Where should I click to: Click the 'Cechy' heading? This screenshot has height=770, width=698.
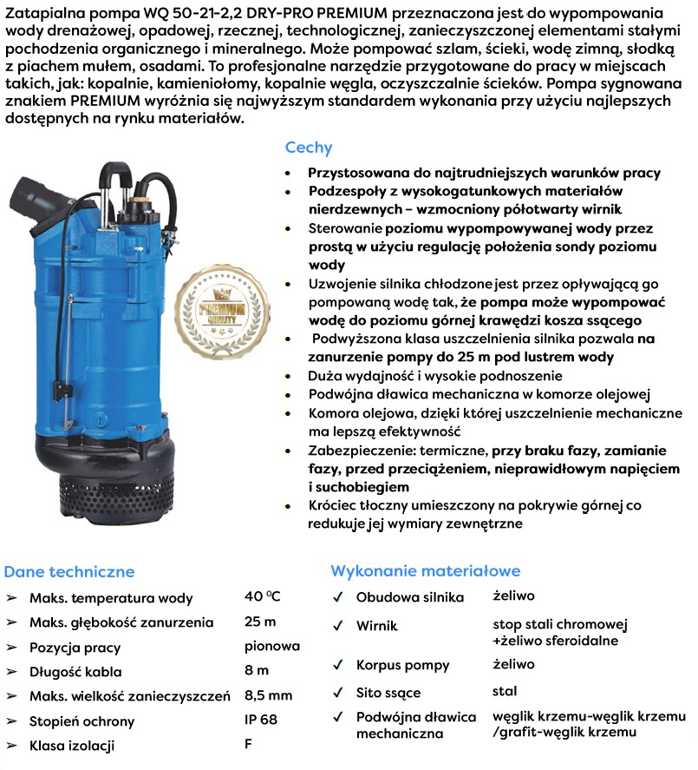(308, 148)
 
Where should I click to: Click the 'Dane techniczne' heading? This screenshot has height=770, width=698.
(69, 571)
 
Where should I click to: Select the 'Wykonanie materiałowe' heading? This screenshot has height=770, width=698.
(425, 570)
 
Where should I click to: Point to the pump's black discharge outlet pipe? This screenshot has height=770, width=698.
(43, 200)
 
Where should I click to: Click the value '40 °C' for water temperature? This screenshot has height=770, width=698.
(263, 596)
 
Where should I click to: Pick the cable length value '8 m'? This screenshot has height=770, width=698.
(257, 671)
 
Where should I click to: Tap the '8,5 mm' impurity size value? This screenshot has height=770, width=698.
(269, 695)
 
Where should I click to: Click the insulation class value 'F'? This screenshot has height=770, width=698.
(249, 745)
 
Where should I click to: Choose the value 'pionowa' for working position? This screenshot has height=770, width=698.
(272, 646)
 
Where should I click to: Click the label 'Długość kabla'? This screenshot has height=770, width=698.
(75, 672)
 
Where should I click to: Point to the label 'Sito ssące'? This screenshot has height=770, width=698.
(388, 692)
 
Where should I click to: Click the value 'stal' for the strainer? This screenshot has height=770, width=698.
(504, 691)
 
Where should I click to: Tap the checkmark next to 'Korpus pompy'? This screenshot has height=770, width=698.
(338, 666)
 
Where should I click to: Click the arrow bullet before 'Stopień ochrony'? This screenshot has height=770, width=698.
(12, 721)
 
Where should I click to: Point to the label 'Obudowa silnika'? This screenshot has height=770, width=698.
(410, 597)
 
